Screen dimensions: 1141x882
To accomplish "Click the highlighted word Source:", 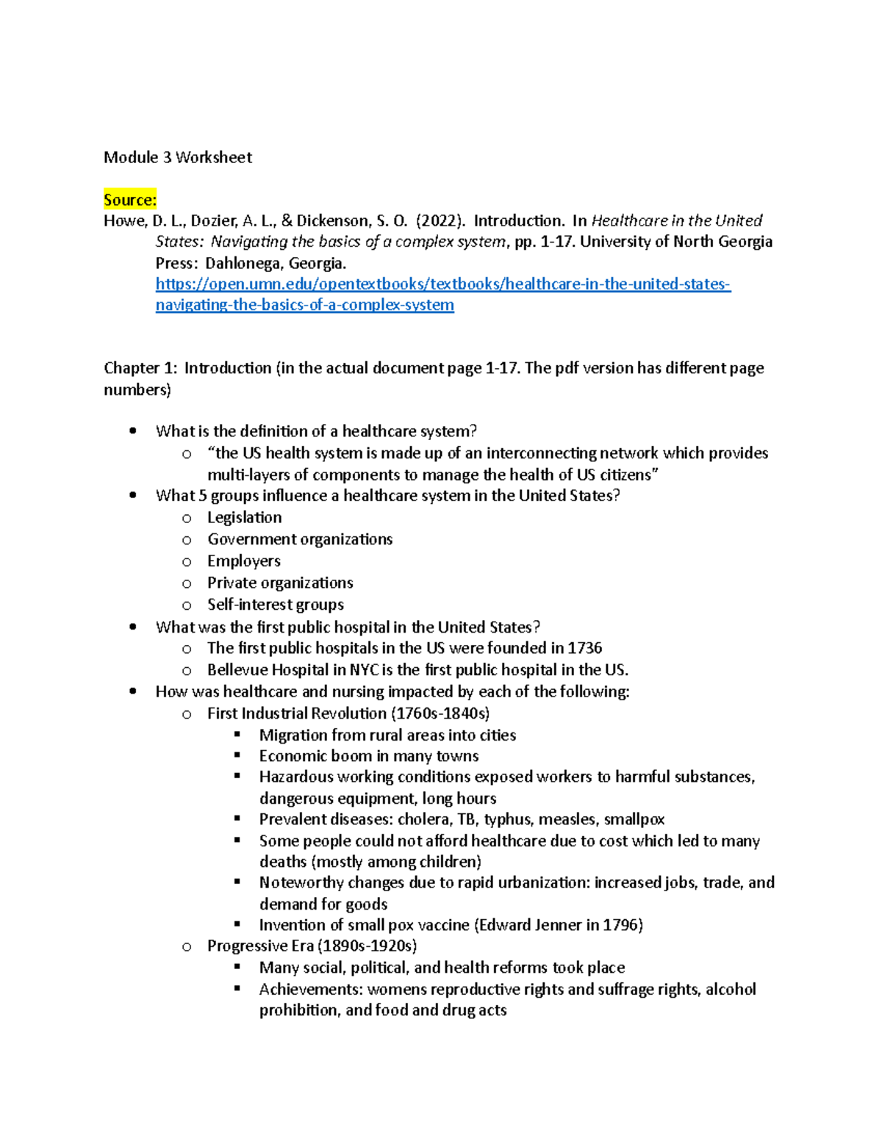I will (129, 200).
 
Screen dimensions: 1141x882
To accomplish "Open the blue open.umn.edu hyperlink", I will (442, 284).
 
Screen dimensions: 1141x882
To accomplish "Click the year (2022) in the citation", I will (440, 221).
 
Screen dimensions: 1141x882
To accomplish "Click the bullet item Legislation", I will (244, 518).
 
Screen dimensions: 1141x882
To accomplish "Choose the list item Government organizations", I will (299, 539).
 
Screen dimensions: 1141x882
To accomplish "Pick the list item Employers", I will (243, 561).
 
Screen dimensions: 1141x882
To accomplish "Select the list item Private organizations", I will (279, 583).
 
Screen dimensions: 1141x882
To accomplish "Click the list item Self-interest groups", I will (275, 605).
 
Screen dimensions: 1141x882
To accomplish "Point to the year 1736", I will (584, 648).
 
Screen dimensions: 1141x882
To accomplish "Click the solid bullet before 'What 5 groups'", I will (133, 496).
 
